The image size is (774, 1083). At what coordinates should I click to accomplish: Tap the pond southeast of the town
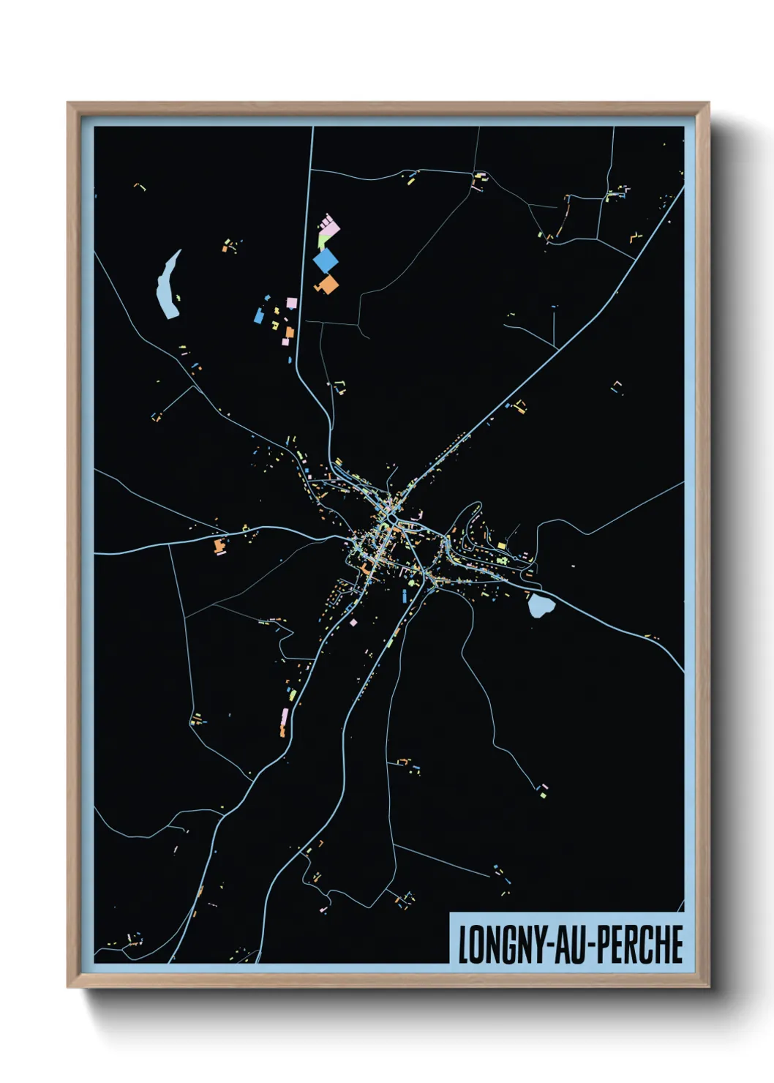click(541, 605)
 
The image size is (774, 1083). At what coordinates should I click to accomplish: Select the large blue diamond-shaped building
click(326, 260)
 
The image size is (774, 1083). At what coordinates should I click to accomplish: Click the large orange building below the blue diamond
click(328, 285)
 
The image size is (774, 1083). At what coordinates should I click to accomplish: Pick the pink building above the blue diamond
click(329, 226)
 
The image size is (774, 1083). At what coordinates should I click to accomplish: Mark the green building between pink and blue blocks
click(321, 241)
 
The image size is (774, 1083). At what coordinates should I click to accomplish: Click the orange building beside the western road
click(219, 545)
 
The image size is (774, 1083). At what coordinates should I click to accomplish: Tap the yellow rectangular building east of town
click(502, 546)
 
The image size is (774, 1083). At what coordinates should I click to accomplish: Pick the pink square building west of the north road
click(291, 303)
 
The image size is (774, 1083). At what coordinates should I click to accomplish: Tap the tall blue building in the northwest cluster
click(258, 315)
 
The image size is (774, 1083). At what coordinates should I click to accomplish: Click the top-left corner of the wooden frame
click(69, 104)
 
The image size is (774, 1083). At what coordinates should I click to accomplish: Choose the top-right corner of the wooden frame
click(707, 104)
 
